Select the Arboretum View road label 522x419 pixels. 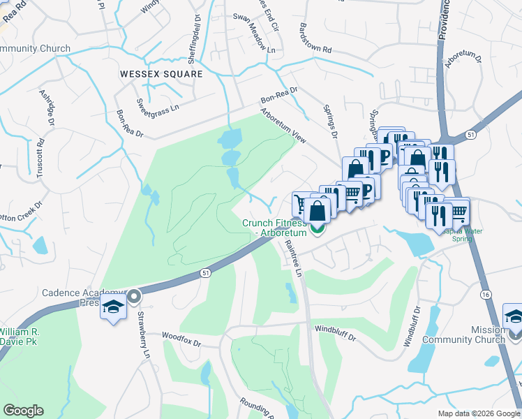[284, 126]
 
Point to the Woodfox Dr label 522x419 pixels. [181, 344]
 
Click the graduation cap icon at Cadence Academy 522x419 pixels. [113, 307]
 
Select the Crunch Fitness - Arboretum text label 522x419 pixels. [274, 228]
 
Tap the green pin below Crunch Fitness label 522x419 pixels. [318, 228]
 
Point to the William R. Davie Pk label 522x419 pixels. [20, 336]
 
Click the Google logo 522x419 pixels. [22, 411]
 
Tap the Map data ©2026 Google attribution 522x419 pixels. [478, 413]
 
